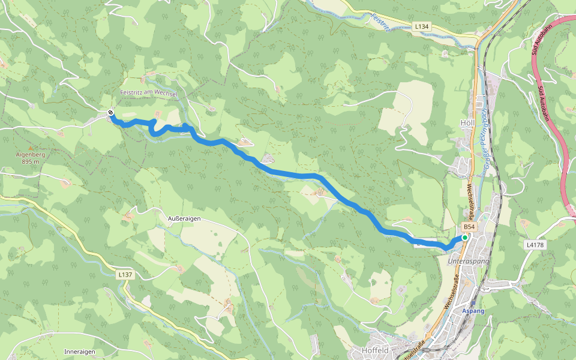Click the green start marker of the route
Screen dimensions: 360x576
(x=464, y=238)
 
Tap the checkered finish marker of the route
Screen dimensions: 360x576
(x=111, y=112)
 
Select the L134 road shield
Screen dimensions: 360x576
(x=422, y=27)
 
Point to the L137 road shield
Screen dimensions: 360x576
(x=125, y=274)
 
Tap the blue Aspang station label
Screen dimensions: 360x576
(x=473, y=310)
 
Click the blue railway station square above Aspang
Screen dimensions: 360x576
(x=473, y=303)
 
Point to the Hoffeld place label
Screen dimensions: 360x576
(x=375, y=350)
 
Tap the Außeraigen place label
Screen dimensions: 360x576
(x=184, y=219)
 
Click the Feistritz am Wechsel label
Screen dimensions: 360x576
(x=149, y=94)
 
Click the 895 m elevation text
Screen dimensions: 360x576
(x=30, y=161)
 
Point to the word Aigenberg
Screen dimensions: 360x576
(x=30, y=154)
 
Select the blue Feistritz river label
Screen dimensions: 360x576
(x=380, y=21)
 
